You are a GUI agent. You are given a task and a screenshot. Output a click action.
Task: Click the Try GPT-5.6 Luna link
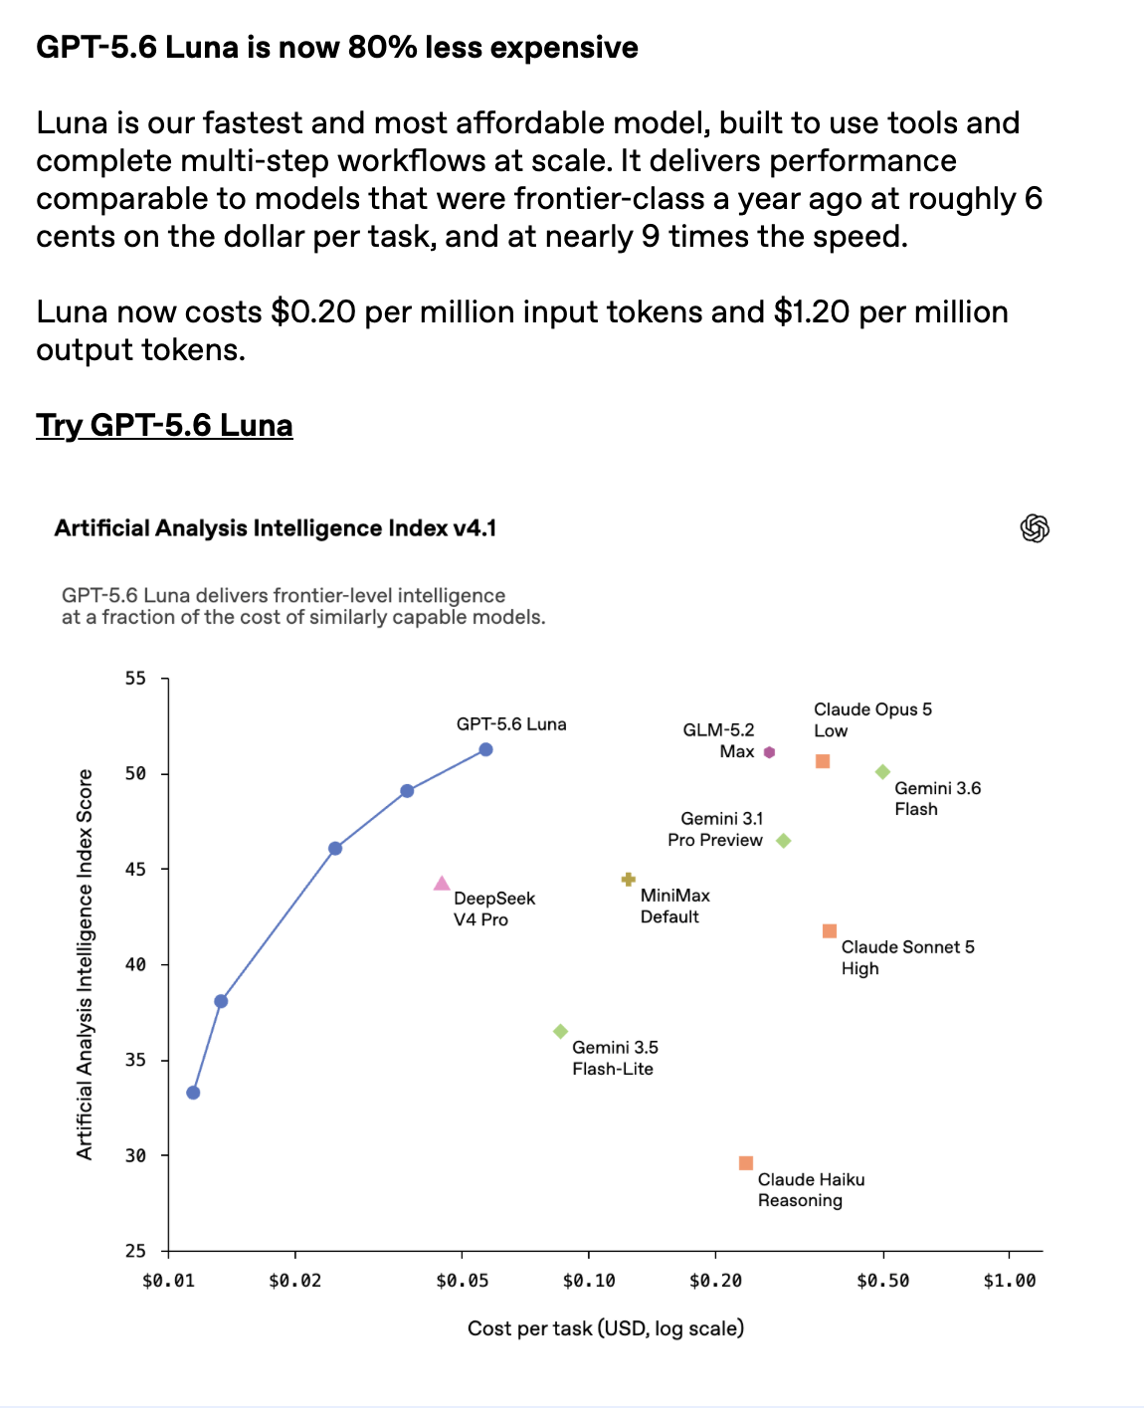[164, 426]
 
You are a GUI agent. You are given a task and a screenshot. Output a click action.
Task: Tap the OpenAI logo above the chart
[1035, 528]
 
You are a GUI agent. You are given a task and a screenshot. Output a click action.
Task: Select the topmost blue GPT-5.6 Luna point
[485, 749]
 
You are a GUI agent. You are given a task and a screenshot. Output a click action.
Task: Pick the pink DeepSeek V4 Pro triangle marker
[442, 884]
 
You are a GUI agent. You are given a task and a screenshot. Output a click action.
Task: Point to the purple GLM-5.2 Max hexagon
[769, 752]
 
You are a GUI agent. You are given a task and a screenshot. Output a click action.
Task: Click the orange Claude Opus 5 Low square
[822, 760]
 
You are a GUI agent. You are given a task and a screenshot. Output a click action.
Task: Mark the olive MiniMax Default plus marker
[628, 879]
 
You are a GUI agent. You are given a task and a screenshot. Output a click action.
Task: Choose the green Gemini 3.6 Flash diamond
[882, 771]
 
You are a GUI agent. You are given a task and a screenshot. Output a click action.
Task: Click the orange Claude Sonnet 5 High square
[830, 930]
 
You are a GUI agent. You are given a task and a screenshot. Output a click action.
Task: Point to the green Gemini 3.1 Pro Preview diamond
[784, 841]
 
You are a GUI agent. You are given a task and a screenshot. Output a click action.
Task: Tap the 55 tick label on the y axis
[135, 679]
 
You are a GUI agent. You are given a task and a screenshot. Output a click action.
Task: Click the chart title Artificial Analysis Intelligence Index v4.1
[275, 528]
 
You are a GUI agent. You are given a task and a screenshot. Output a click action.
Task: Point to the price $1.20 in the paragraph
[812, 312]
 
